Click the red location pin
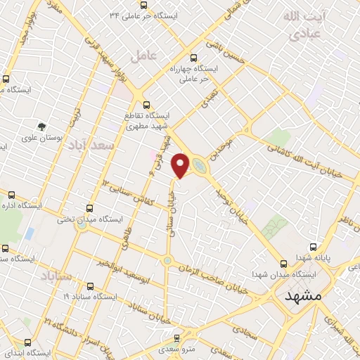coord(181,165)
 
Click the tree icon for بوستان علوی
coord(43,127)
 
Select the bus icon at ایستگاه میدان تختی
coord(89,208)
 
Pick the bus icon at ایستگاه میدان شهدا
coord(284,264)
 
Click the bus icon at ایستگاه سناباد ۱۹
coord(91,286)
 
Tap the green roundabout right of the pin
coord(200,167)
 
